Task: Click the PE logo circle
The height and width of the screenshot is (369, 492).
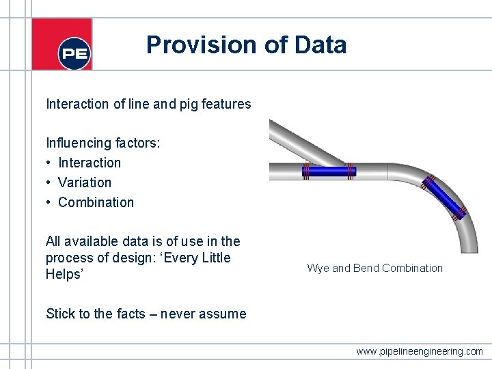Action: click(74, 53)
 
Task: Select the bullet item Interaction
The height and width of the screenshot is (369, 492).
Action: click(90, 163)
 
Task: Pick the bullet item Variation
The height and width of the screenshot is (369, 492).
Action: click(85, 182)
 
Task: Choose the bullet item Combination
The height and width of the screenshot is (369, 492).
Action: click(96, 202)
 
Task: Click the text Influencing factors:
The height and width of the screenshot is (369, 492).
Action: click(103, 143)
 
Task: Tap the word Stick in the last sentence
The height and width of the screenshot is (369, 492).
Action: click(59, 314)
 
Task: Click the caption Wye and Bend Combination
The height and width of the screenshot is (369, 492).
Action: click(374, 268)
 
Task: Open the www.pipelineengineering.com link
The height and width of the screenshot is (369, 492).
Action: click(420, 352)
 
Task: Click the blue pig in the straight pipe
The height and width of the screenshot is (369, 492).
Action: click(329, 172)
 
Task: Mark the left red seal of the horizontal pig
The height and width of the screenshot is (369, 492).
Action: click(307, 172)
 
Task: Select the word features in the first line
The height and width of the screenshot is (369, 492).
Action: click(229, 105)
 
